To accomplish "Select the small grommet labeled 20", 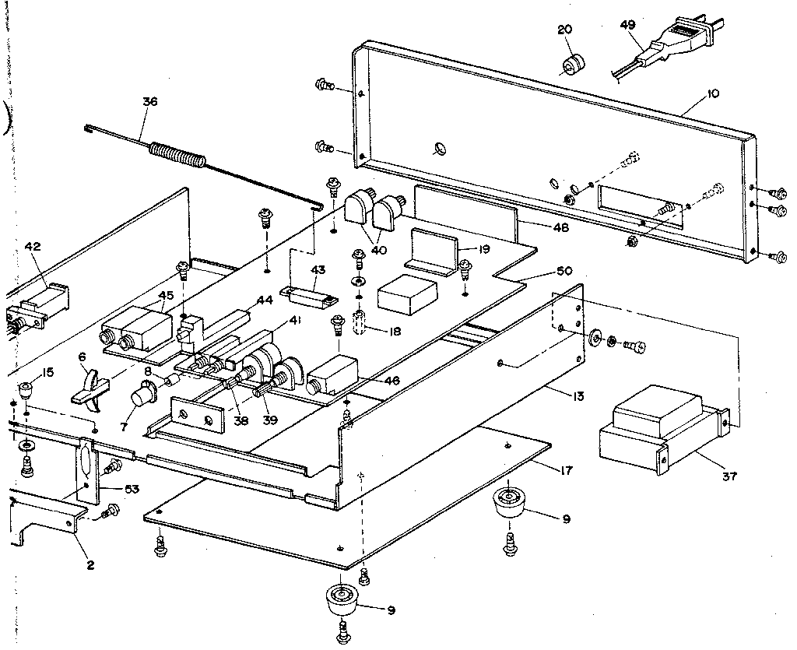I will pyautogui.click(x=574, y=63).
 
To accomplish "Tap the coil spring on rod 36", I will pyautogui.click(x=178, y=153).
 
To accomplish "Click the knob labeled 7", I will pyautogui.click(x=143, y=395).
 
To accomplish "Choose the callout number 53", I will pyautogui.click(x=132, y=489).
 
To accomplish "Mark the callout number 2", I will pyautogui.click(x=90, y=565).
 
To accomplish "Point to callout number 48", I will pyautogui.click(x=559, y=227).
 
